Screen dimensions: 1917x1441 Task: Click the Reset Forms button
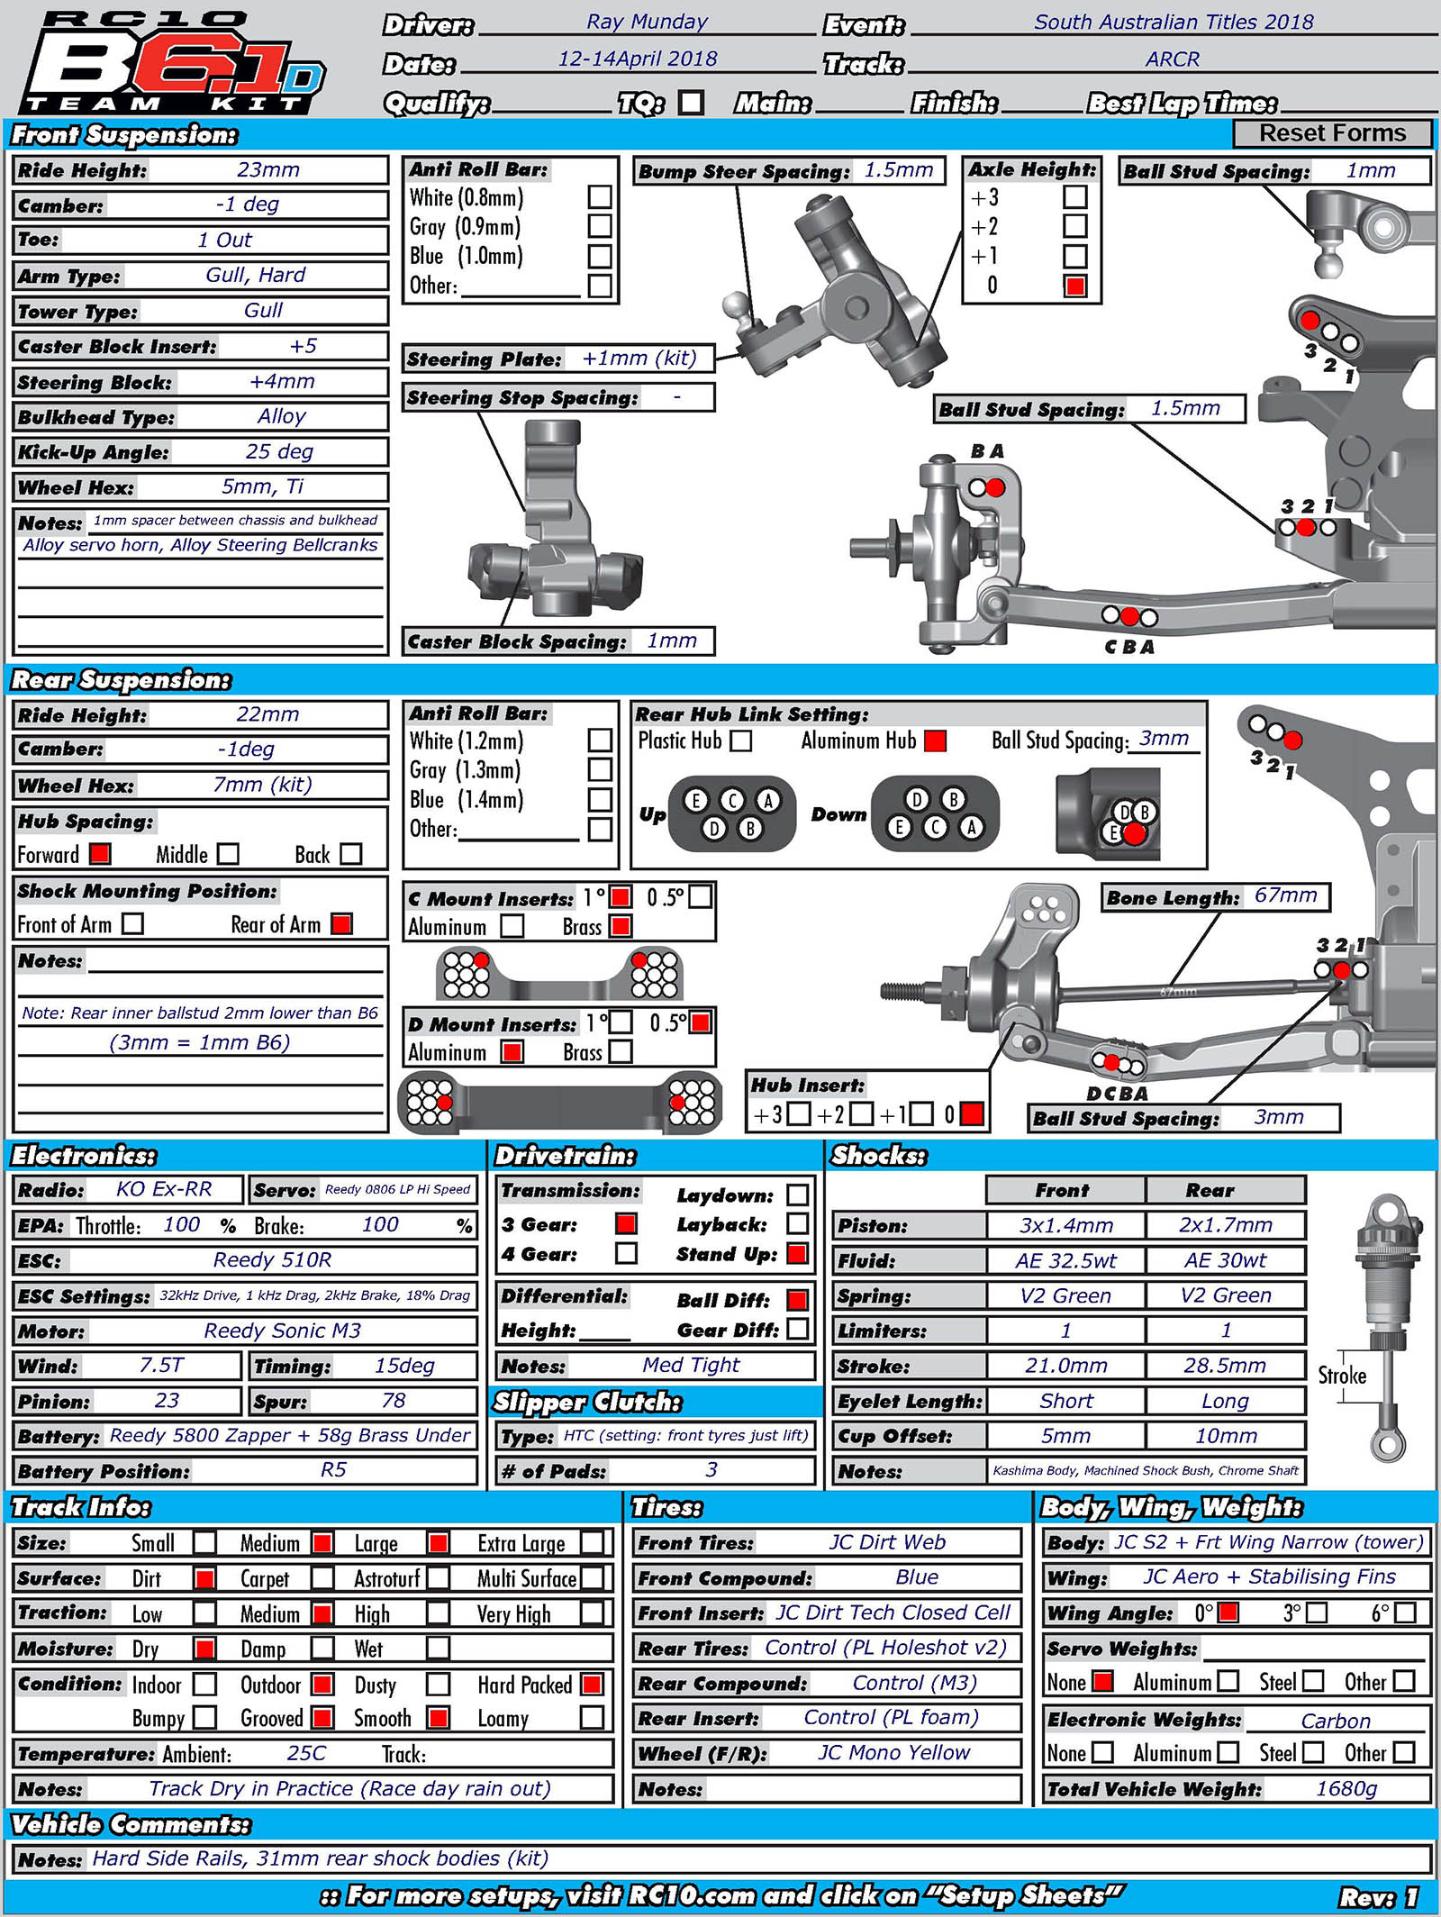(1331, 133)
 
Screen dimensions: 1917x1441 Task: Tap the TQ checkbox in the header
(691, 103)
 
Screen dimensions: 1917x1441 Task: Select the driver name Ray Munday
(647, 23)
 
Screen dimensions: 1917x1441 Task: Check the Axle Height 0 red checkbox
(1074, 286)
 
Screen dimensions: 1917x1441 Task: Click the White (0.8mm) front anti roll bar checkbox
(599, 197)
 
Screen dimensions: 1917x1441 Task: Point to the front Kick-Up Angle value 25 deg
(279, 451)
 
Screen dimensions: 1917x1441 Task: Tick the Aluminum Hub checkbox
(936, 740)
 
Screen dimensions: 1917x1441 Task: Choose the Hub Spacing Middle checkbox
(229, 853)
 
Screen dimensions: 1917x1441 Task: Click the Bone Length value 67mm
(1285, 895)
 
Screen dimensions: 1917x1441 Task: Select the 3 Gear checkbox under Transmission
(626, 1223)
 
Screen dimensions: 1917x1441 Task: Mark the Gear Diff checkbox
(797, 1329)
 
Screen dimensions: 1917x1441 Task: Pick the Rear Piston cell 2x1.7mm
(1225, 1225)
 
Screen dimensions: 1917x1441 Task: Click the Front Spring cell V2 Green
(1065, 1295)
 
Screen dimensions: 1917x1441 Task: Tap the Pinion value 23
(167, 1401)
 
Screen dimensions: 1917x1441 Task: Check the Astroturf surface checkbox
(438, 1578)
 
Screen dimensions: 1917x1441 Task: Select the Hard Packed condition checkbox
(592, 1684)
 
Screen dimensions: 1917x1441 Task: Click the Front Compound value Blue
(917, 1577)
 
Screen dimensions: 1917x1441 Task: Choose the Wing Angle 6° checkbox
(1404, 1613)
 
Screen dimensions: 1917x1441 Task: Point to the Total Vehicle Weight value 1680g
(1346, 1788)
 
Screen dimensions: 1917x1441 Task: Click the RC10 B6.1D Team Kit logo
(171, 63)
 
